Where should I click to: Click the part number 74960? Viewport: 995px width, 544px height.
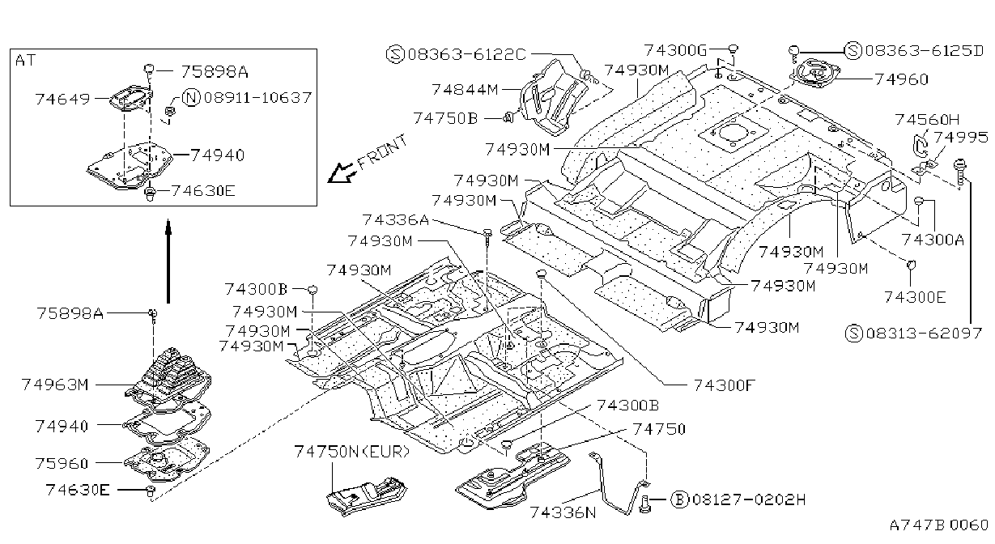coord(901,79)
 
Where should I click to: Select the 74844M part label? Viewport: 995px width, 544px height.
coord(465,90)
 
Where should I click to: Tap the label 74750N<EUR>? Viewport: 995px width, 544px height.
coord(352,452)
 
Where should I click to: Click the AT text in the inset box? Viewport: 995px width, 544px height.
coord(25,60)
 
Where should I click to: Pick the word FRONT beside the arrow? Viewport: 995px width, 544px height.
coord(382,152)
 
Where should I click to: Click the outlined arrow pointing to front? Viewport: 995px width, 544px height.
coord(341,173)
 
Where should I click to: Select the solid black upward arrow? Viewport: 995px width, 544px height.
coord(168,261)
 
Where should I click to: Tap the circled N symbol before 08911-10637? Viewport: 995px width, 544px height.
coord(192,98)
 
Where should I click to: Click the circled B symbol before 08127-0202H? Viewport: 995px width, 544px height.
coord(679,499)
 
